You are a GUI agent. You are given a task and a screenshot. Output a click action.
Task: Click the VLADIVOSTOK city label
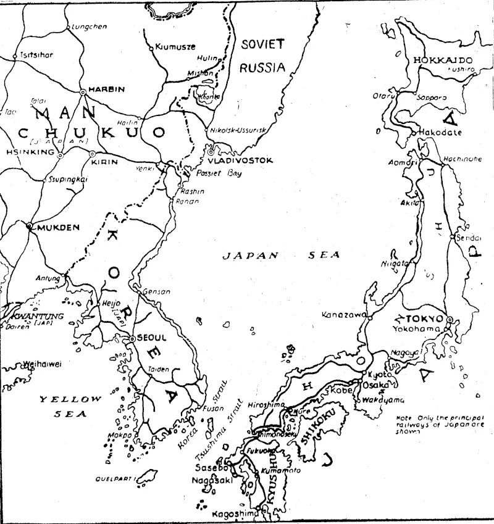(x=245, y=160)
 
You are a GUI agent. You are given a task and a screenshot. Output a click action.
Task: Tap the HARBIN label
(x=106, y=89)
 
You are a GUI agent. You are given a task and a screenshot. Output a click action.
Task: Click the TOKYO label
(x=426, y=318)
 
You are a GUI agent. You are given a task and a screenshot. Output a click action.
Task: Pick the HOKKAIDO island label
(x=443, y=60)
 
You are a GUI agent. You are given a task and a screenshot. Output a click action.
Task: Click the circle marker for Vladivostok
(x=211, y=151)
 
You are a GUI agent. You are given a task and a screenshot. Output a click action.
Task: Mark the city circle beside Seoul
(x=132, y=339)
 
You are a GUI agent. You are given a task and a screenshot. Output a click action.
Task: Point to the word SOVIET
(x=262, y=44)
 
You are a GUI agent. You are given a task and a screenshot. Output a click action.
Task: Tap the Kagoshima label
(x=233, y=514)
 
